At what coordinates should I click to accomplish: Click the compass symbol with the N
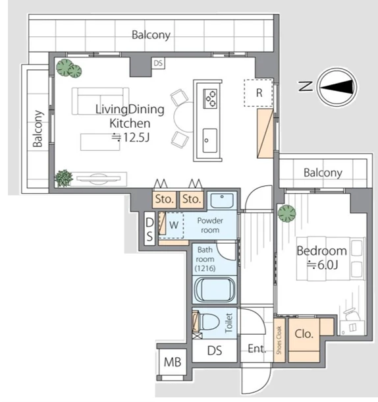[337, 87]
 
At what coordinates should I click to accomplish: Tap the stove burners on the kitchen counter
[210, 98]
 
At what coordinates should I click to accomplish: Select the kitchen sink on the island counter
[210, 140]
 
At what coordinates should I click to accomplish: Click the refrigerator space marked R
[258, 93]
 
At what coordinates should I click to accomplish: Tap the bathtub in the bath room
[215, 290]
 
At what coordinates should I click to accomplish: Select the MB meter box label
[173, 362]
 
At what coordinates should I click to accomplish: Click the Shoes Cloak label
[279, 340]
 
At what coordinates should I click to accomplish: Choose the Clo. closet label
[304, 334]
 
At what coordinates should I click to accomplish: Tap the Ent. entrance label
[257, 349]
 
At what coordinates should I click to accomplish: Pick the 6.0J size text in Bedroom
[323, 264]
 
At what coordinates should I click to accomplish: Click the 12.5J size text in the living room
[130, 138]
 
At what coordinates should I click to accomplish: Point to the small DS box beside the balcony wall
[158, 63]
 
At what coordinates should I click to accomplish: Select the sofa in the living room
[101, 101]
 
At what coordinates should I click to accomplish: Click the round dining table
[184, 117]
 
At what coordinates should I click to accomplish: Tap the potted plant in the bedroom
[286, 214]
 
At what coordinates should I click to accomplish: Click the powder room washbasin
[222, 200]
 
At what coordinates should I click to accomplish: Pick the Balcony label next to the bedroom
[323, 173]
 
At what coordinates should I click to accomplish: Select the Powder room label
[210, 225]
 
